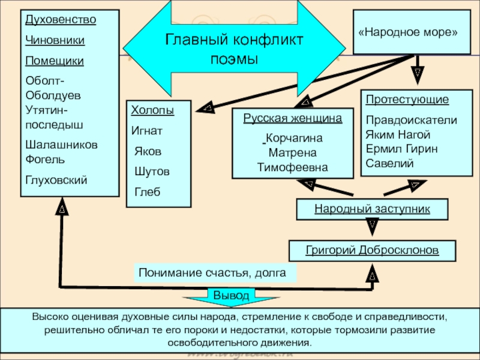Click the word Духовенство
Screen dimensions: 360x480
(x=61, y=20)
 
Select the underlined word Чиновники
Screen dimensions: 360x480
(x=55, y=40)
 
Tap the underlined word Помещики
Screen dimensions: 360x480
(x=55, y=61)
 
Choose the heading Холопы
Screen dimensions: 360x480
(x=152, y=111)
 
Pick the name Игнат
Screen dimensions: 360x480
(x=146, y=130)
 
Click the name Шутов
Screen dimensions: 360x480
(x=152, y=172)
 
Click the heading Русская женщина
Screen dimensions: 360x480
(x=293, y=118)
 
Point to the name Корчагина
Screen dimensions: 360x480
(x=294, y=138)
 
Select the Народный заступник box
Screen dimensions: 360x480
(x=372, y=209)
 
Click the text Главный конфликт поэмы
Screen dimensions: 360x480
(x=234, y=49)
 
